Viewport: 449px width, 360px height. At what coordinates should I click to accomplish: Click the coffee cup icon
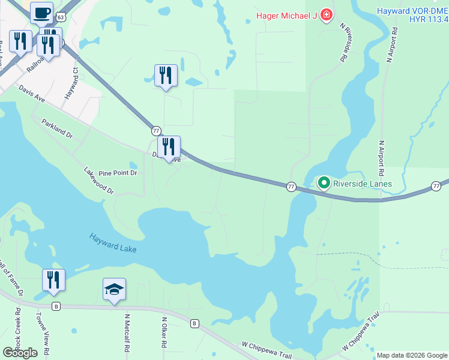tap(41, 13)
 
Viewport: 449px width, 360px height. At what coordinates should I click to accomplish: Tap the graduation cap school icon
tap(114, 290)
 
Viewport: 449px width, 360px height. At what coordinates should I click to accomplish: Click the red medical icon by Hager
tap(326, 14)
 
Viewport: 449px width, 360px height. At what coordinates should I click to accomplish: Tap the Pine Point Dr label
tap(118, 173)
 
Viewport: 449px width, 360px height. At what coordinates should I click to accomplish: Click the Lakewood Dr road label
tap(99, 180)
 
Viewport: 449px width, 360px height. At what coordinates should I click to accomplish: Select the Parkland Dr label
tap(57, 128)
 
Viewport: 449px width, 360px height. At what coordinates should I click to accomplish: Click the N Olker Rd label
tap(163, 329)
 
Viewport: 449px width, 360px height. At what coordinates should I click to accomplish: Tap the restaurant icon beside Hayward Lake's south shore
tap(53, 280)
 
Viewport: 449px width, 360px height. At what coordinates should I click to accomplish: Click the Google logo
tap(20, 353)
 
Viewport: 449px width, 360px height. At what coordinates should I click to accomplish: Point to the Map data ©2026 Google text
tap(411, 355)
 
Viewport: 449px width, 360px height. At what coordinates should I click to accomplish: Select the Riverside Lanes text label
tap(363, 184)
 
